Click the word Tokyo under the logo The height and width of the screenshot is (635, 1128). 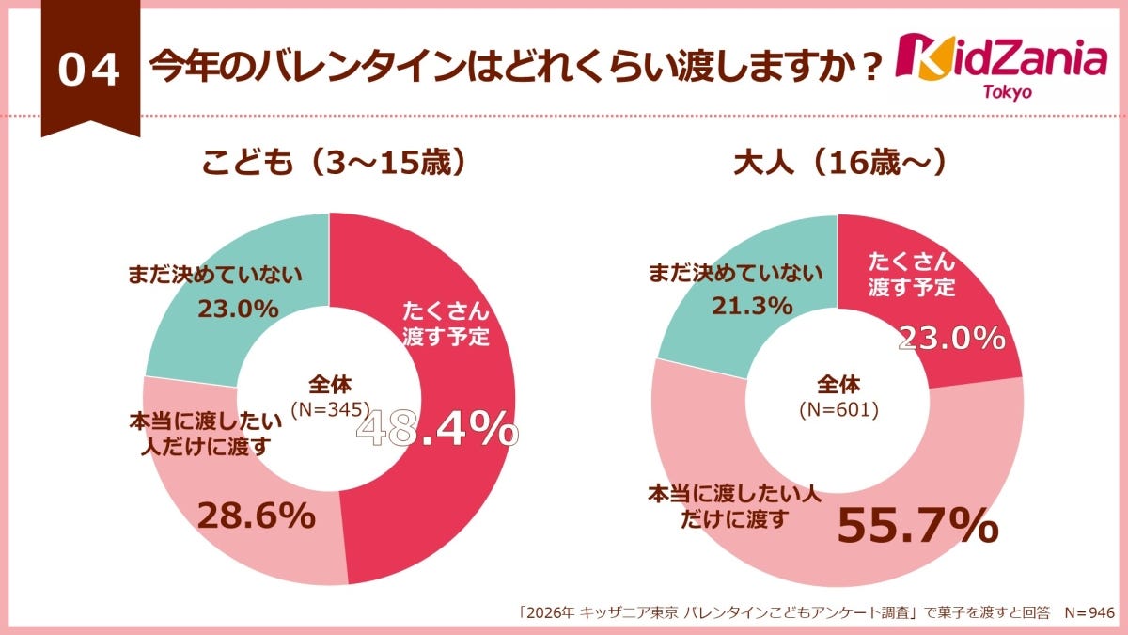1007,92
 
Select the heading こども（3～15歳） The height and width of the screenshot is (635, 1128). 335,163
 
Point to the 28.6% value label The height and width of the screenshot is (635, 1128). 255,515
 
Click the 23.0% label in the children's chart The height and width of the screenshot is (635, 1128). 239,309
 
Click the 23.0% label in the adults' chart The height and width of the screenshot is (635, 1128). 951,336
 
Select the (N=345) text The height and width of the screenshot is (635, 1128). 330,409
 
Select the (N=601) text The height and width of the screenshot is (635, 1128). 838,409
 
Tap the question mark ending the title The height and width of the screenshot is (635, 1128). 870,68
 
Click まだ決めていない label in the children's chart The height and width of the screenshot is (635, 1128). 216,276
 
